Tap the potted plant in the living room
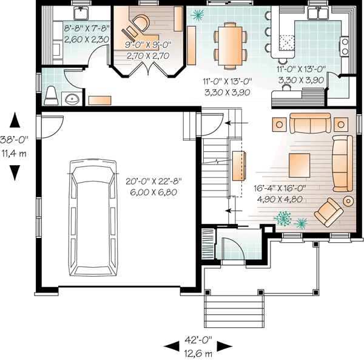[282, 217]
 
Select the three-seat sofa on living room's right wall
[342, 163]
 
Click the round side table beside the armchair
[349, 201]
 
